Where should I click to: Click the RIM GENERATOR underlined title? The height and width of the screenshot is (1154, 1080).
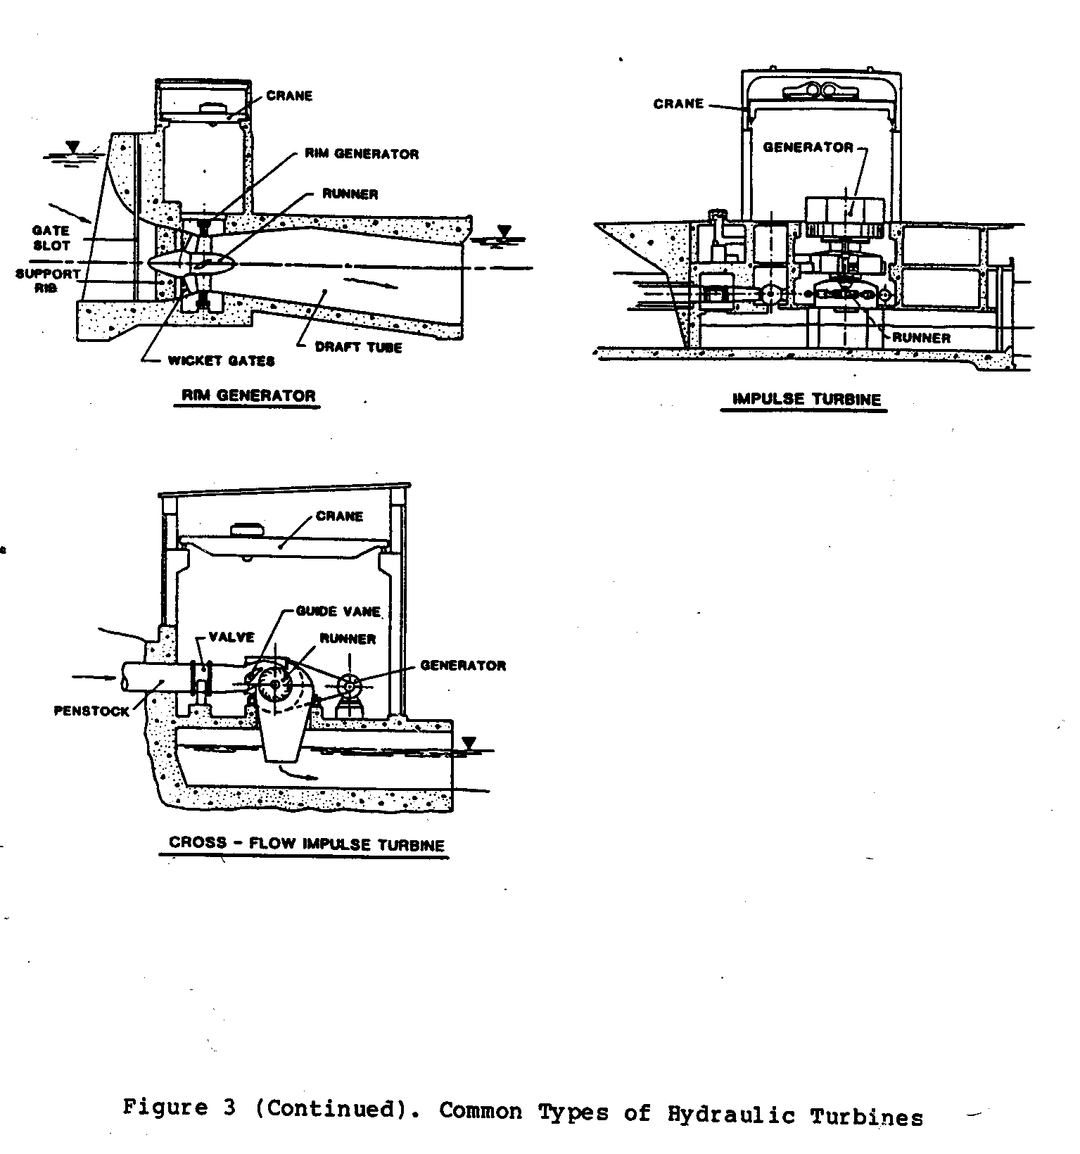[248, 395]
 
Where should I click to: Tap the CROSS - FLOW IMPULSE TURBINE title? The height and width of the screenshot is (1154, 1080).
[307, 844]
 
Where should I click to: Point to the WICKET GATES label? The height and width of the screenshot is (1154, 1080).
[221, 360]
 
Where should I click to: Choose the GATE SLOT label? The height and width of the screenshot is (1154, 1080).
[51, 238]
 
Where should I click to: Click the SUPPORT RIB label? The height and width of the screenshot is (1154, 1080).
[48, 281]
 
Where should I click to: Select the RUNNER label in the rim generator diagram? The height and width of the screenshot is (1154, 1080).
[350, 194]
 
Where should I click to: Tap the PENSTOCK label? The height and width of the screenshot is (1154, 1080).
[91, 711]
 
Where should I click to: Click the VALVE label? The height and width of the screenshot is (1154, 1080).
[231, 637]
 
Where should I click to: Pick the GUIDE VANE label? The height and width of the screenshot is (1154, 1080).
[338, 611]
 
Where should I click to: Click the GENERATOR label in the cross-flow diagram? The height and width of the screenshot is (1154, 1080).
[462, 665]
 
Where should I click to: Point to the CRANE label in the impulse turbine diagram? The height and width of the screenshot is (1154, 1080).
[678, 103]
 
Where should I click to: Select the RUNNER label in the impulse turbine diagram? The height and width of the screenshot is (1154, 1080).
[921, 338]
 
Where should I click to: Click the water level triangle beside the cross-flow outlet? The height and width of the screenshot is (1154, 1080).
[469, 743]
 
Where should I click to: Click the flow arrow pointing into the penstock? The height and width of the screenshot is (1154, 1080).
[94, 677]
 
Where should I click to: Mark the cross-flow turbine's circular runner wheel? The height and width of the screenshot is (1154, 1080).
[275, 685]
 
